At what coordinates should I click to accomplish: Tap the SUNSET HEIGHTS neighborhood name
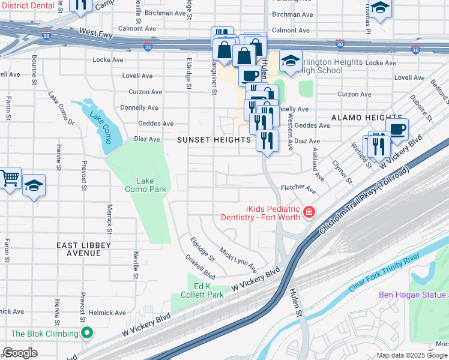(x=214, y=140)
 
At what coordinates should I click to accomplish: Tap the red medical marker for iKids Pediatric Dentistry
(x=309, y=212)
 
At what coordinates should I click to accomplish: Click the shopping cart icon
(x=10, y=178)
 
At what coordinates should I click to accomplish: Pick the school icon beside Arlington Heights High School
(x=291, y=61)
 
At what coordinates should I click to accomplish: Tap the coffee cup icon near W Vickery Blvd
(x=397, y=129)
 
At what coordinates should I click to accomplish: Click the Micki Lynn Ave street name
(x=238, y=259)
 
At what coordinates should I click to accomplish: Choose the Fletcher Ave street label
(x=298, y=188)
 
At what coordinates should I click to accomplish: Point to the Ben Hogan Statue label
(x=413, y=295)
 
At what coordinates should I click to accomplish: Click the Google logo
(x=20, y=353)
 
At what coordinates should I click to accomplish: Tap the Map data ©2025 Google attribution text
(x=412, y=355)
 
